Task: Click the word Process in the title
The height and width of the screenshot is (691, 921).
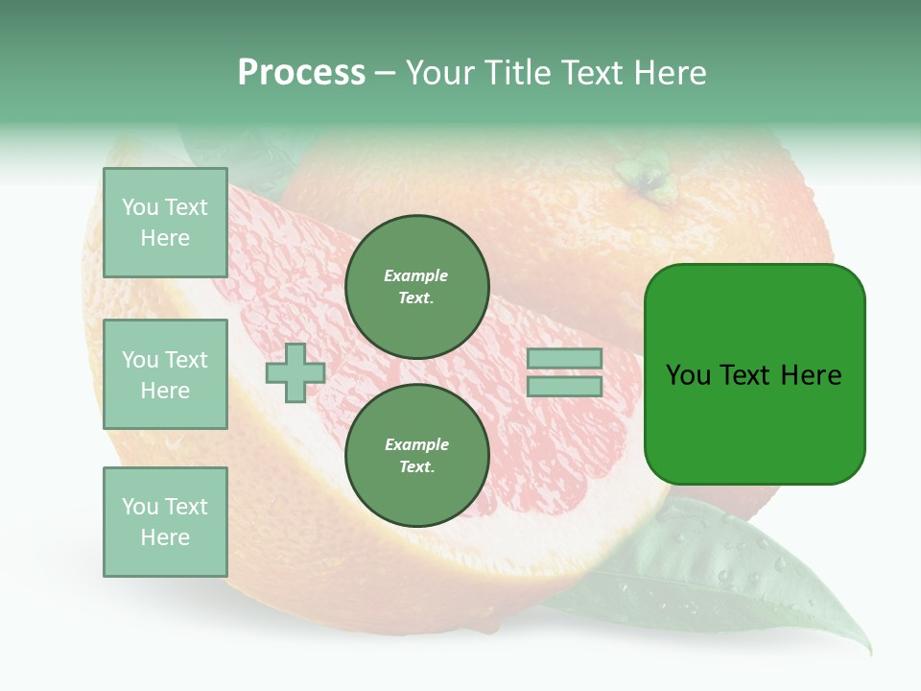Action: [x=301, y=73]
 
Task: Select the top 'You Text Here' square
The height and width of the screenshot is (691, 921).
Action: [x=165, y=223]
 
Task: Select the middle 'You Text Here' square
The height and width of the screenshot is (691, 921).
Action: [x=165, y=374]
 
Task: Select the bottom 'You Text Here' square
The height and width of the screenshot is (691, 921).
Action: [x=165, y=522]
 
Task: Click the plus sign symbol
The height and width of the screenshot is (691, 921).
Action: [x=295, y=372]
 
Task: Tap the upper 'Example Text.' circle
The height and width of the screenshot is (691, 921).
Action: [x=416, y=286]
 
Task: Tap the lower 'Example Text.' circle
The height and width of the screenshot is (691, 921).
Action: [x=416, y=455]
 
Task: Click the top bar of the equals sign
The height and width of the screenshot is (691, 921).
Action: [x=564, y=359]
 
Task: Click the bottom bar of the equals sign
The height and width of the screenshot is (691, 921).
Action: [x=564, y=386]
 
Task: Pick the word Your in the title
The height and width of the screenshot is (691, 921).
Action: [x=439, y=73]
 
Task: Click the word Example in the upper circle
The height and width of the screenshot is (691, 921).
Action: [x=416, y=275]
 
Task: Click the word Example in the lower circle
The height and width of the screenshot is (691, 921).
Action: [x=416, y=444]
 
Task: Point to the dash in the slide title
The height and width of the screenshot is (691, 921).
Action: [x=385, y=73]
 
